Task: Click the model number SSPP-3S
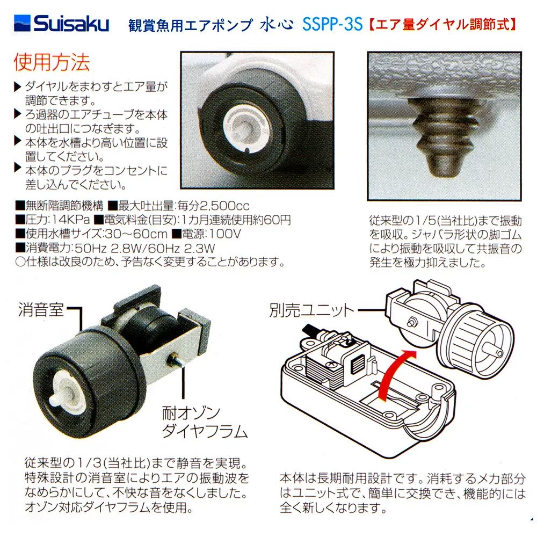coord(332,25)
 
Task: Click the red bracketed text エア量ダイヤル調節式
coord(443,25)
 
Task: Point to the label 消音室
coord(41,310)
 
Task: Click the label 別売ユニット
coord(312,310)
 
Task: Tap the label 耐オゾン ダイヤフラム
coord(205,422)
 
